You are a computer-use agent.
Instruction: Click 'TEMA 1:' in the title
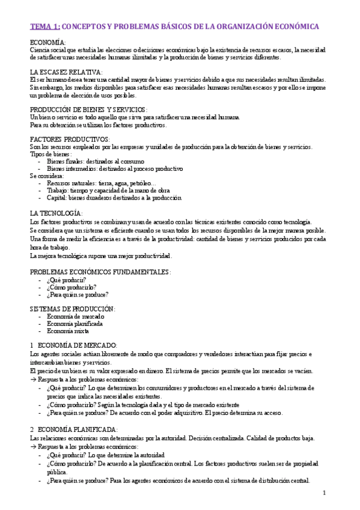coord(45,27)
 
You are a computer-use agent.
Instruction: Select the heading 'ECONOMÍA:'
coord(49,43)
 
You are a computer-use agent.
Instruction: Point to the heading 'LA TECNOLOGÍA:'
coord(56,214)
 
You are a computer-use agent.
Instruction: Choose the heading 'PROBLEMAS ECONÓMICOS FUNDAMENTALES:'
coord(100,272)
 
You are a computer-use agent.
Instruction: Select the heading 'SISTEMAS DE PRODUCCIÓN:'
coord(72,309)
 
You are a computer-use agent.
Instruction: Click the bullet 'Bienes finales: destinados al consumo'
coord(95,161)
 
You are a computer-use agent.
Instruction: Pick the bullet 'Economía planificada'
coord(75,324)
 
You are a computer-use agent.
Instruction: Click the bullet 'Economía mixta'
coord(68,331)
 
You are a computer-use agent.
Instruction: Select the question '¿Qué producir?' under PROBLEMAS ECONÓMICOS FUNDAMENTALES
coord(66,280)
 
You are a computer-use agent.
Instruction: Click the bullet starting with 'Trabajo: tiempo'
coord(104,191)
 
